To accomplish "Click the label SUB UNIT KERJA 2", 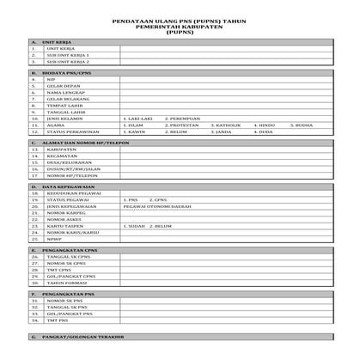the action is (x=68, y=62).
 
